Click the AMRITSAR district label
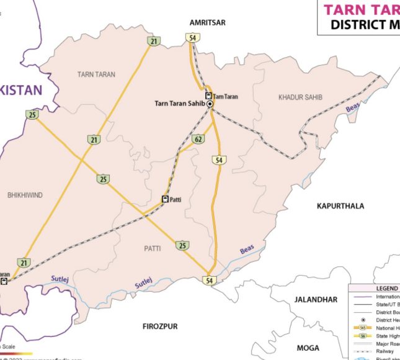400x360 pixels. click(x=208, y=22)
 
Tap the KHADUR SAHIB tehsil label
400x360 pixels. click(x=300, y=97)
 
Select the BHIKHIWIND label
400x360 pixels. click(x=25, y=195)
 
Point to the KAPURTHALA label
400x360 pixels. click(x=340, y=205)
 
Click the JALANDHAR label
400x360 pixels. click(x=316, y=299)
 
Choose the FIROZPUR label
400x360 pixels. click(x=160, y=326)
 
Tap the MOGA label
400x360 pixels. click(x=308, y=348)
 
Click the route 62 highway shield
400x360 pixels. click(x=197, y=138)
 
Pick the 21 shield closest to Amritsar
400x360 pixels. click(x=153, y=42)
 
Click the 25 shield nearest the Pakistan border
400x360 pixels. click(x=32, y=114)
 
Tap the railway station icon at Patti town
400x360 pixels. click(x=165, y=199)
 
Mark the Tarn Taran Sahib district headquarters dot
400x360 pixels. click(x=210, y=105)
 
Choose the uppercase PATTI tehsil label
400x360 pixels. click(x=152, y=248)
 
